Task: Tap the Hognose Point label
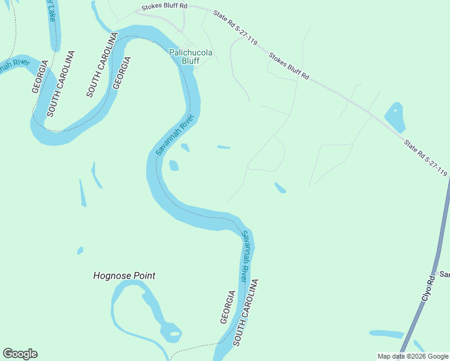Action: [x=125, y=276]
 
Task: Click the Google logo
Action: [x=20, y=354]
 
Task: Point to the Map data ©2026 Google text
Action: [x=413, y=356]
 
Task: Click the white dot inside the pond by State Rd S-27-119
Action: [x=395, y=110]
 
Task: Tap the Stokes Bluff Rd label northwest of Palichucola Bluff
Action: [x=164, y=8]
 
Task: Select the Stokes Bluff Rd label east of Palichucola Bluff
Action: [x=289, y=67]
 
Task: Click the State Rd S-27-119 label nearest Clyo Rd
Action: [x=425, y=158]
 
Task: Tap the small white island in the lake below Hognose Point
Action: [x=174, y=333]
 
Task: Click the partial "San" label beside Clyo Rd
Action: [x=445, y=274]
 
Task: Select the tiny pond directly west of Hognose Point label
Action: [x=80, y=250]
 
